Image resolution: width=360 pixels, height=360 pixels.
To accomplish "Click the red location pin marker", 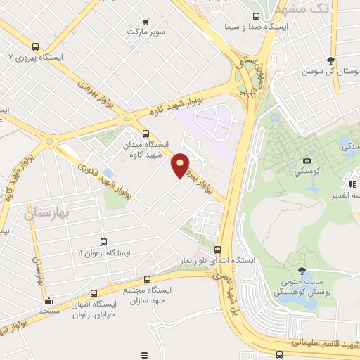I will (x=181, y=165).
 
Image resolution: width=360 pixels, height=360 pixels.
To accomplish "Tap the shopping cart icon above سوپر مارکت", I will (x=146, y=22).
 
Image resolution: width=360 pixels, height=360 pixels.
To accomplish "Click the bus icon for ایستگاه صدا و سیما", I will (x=256, y=16).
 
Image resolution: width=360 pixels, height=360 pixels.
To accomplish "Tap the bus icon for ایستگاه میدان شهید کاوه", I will (x=146, y=134).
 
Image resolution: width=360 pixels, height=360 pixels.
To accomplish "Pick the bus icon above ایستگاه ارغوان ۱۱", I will (x=103, y=242).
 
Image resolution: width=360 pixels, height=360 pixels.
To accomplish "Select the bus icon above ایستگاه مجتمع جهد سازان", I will (x=147, y=279).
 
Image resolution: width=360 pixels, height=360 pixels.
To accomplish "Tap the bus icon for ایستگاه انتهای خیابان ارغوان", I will (x=94, y=294).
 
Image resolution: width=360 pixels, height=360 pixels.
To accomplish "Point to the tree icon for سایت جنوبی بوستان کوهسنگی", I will (x=302, y=271).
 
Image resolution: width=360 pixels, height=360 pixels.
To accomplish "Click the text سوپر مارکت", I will (x=146, y=32).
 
